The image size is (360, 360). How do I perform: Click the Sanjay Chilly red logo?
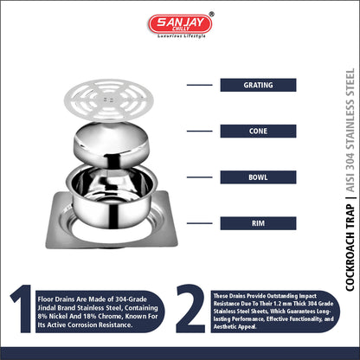point(180,23)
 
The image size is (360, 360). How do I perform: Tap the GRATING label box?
point(258,85)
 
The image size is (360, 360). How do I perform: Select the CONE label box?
point(258,131)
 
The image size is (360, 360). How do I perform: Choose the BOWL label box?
point(258,177)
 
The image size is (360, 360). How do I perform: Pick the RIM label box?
point(258,223)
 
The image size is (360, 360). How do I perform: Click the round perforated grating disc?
point(109,100)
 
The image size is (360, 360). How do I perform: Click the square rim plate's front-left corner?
point(47,247)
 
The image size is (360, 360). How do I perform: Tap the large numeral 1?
point(22,308)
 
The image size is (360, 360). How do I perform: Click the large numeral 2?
point(190,308)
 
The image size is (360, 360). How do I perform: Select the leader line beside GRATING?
point(200,85)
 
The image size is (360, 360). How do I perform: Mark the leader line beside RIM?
point(200,223)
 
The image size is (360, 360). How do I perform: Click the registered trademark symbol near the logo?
point(211,14)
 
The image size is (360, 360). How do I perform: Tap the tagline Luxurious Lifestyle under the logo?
point(182,36)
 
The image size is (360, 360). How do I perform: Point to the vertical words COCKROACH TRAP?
point(350,247)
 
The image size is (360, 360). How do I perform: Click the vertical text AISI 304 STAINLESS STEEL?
point(350,130)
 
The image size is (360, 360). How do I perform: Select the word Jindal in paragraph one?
point(48,308)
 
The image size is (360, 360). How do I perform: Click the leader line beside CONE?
point(200,131)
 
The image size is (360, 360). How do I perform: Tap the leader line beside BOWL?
point(200,177)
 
